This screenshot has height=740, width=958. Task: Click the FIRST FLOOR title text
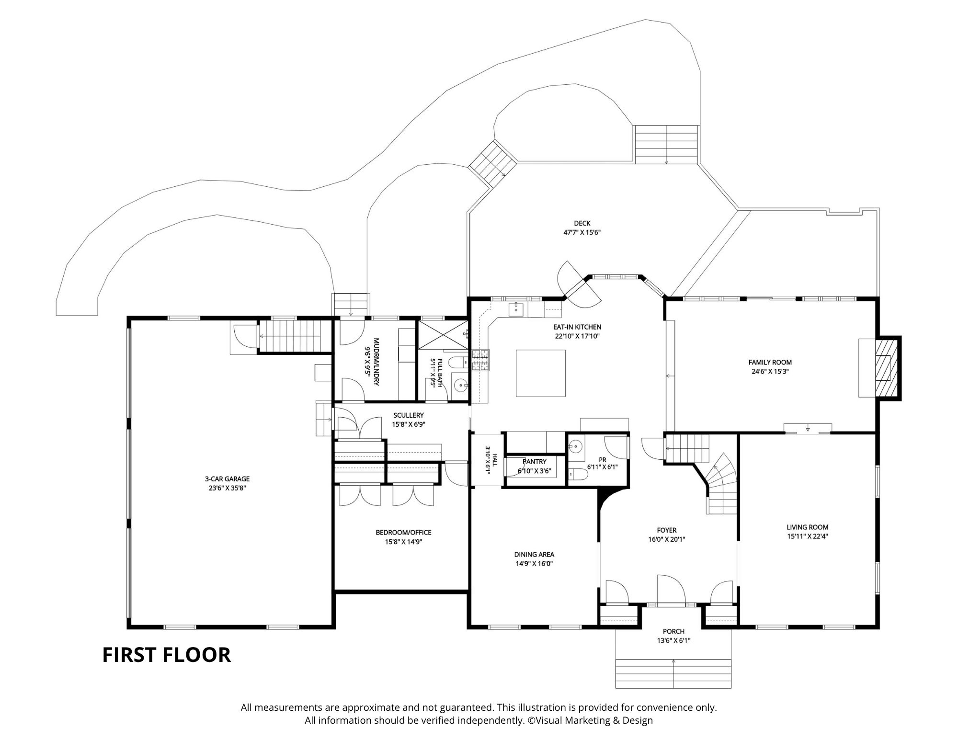(x=167, y=655)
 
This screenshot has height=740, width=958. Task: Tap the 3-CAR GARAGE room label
(x=228, y=479)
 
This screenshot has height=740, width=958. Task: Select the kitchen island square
(x=540, y=373)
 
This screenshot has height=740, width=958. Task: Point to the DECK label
(x=582, y=223)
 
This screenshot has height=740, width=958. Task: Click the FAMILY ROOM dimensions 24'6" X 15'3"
(x=770, y=371)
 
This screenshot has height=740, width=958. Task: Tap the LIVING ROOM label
(x=808, y=527)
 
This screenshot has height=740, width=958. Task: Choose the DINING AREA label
(x=534, y=555)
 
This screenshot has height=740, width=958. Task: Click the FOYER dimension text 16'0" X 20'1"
(x=667, y=539)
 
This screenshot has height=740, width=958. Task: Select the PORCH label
(x=673, y=631)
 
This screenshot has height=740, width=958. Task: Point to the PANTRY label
(x=534, y=462)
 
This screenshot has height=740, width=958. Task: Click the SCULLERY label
(x=408, y=415)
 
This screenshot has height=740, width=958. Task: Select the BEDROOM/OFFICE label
(x=403, y=532)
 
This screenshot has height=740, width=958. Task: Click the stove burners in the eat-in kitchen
(x=481, y=360)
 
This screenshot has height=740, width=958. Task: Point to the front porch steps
(x=673, y=673)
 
